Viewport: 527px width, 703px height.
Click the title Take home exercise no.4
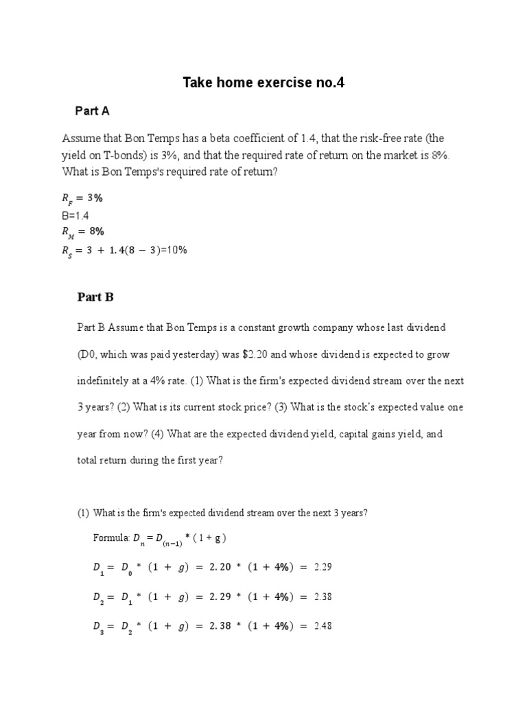click(x=263, y=84)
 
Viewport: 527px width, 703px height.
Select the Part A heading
click(x=93, y=111)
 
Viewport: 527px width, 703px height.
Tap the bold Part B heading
click(x=95, y=297)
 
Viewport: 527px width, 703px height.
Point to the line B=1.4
click(x=76, y=215)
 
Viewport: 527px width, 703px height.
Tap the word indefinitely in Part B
click(x=105, y=380)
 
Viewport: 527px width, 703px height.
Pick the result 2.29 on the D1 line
click(x=323, y=567)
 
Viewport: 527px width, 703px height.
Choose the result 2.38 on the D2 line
click(x=323, y=597)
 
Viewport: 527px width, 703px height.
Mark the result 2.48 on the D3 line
click(x=323, y=626)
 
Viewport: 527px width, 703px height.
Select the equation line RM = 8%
click(x=83, y=231)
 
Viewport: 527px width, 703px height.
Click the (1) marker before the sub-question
click(x=82, y=513)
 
